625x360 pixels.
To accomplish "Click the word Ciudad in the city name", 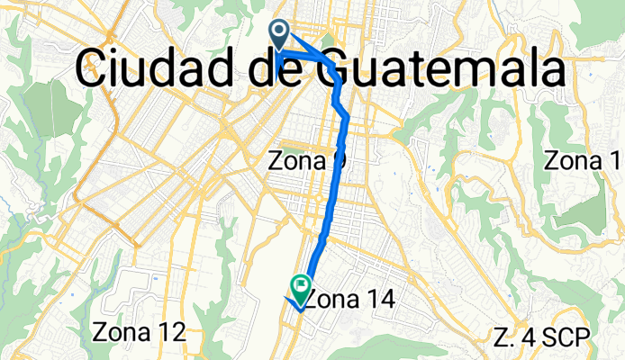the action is point(158,67).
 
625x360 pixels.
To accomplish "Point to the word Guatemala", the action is point(443,67).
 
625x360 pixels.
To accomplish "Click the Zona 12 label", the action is point(139,332).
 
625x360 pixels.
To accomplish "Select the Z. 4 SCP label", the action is point(542,337).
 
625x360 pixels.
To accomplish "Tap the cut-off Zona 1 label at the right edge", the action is point(584,161).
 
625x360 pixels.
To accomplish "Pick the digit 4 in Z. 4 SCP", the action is point(528,337).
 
